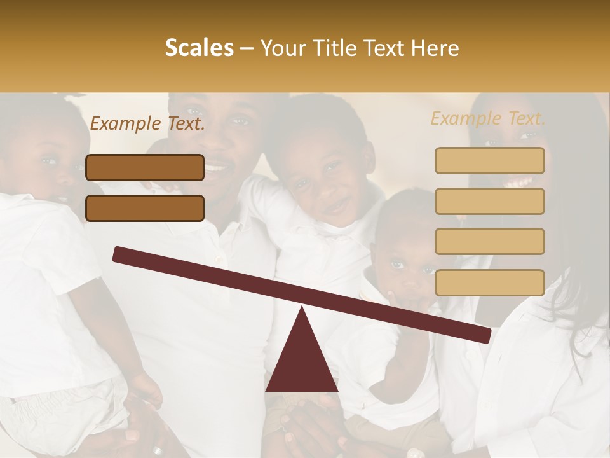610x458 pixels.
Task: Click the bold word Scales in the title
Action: pos(199,48)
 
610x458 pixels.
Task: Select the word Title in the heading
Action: pos(333,48)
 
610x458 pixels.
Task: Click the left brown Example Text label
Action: pos(147,124)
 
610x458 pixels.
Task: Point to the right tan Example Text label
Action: pos(488,118)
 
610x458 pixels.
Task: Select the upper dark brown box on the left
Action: pos(145,168)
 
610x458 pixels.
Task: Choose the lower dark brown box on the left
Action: pos(145,209)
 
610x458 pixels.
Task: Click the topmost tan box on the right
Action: pos(489,160)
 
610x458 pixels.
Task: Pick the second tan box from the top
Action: pos(489,201)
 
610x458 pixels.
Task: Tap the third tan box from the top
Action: pos(489,242)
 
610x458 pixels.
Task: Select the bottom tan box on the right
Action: pos(489,282)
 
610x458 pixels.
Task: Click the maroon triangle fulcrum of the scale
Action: pos(302,359)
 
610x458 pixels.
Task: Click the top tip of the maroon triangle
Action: pos(302,310)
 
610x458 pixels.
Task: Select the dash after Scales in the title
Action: pos(247,48)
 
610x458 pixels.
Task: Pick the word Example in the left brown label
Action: pos(126,124)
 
